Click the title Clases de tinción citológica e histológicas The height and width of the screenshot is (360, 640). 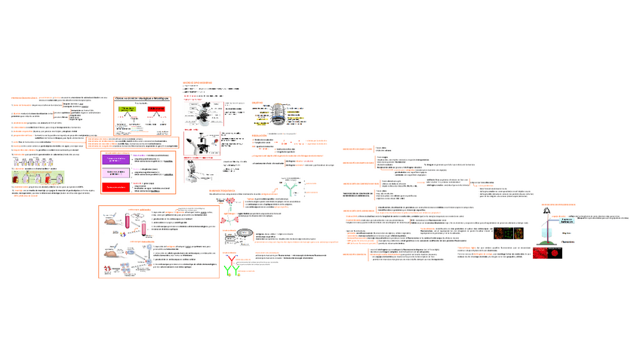tap(142, 98)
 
